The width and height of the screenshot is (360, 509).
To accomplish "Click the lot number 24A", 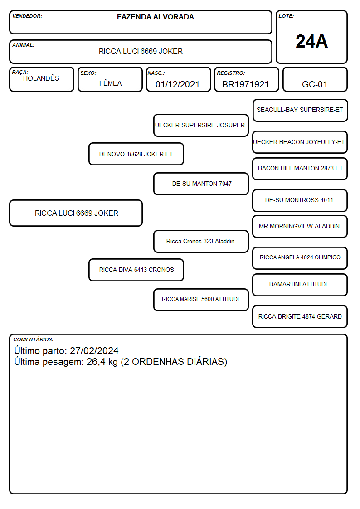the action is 311,41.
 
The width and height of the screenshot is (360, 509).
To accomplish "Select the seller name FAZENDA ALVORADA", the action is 156,17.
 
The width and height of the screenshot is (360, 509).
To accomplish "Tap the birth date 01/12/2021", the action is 177,84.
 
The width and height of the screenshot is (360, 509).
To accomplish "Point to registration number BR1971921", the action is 245,84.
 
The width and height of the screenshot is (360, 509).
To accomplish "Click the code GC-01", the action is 315,84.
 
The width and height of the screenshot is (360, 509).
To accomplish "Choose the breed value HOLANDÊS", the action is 41,78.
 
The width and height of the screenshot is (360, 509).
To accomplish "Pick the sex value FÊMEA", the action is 110,83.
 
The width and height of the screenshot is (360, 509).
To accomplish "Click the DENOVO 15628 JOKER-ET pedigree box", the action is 136,154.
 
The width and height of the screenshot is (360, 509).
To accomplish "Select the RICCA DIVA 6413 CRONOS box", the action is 136,270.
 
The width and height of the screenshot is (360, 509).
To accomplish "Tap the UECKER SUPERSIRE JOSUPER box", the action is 201,125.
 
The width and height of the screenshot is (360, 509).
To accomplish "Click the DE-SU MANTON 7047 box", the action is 201,184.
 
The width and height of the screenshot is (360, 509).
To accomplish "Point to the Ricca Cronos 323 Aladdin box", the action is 201,241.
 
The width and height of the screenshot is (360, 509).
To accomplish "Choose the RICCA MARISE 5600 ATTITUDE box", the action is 201,300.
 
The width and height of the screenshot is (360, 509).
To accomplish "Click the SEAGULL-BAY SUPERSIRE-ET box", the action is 300,111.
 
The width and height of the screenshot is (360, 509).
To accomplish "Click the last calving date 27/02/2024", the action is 94,350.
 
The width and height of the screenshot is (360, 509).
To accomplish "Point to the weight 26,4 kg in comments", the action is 102,362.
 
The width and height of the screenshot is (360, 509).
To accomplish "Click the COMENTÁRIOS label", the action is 34,339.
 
